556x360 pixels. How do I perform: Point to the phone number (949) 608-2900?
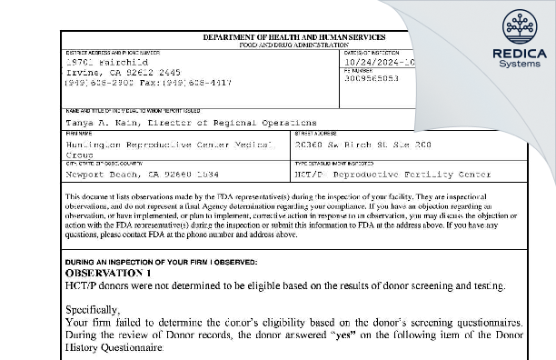coord(94,81)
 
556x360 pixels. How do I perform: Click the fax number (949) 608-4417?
coord(182,81)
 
